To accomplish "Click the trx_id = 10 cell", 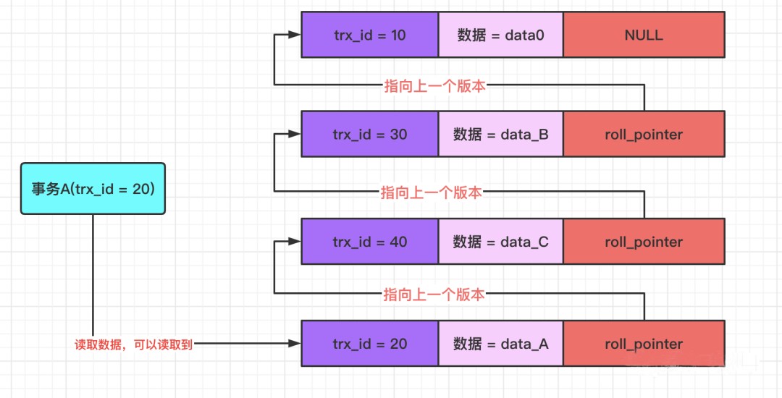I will tap(370, 35).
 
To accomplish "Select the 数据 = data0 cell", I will tap(500, 35).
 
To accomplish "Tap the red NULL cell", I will tap(644, 35).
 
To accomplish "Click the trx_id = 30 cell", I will tap(370, 134).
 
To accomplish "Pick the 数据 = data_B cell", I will tap(500, 134).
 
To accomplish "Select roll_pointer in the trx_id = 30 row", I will tap(644, 134).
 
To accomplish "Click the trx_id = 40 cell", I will tap(370, 242).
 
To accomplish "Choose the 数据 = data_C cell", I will tap(500, 242).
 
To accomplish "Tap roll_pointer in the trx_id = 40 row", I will tap(644, 242).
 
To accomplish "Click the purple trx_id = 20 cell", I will tap(370, 344).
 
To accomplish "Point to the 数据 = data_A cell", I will tap(500, 344).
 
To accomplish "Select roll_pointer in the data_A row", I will tap(644, 344).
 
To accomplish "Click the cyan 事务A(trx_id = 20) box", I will tap(93, 189).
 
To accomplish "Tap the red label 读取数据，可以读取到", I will tap(134, 345).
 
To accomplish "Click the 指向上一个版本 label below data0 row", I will tap(434, 85).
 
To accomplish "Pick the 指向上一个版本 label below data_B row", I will tap(432, 192).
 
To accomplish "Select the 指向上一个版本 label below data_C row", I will tap(434, 294).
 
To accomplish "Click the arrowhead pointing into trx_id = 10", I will tap(295, 35).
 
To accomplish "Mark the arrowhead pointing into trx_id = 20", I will tap(295, 344).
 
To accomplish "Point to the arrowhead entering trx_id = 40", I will tap(295, 242).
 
